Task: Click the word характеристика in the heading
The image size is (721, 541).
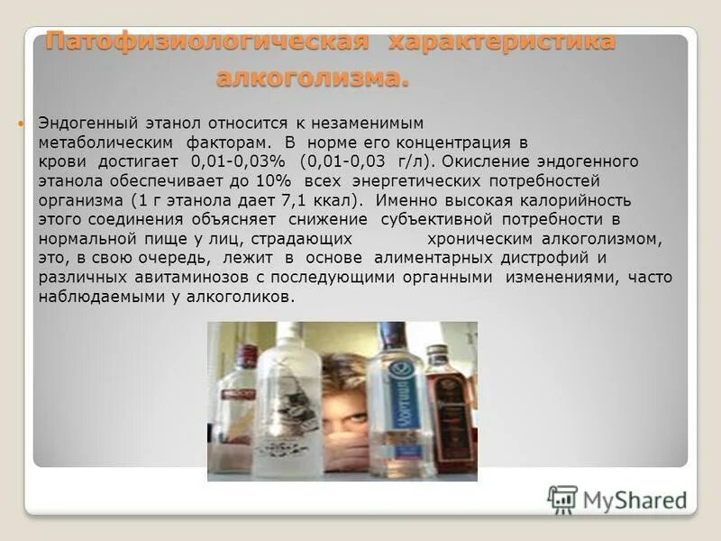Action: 502,41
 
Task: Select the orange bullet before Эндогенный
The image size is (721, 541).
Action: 23,121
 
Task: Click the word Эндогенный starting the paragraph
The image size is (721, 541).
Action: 83,121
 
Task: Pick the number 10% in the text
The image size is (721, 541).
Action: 268,181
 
